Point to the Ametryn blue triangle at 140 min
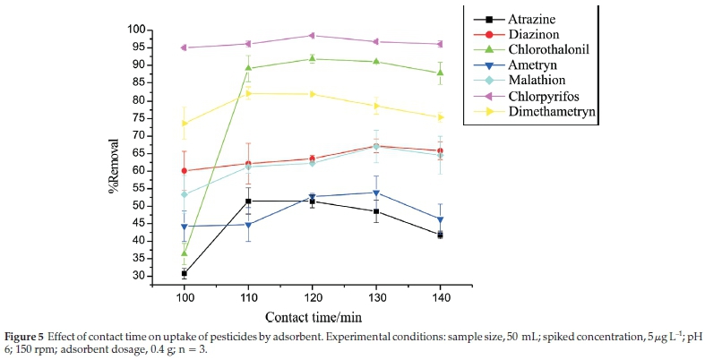[x=440, y=219]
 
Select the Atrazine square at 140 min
[x=440, y=235]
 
